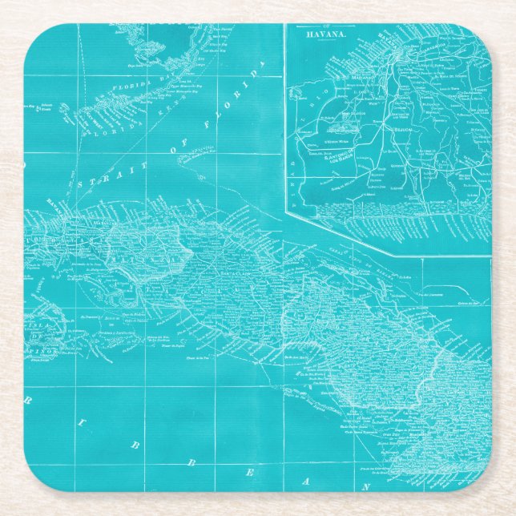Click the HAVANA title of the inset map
(325, 34)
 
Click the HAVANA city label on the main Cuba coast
(55, 201)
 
